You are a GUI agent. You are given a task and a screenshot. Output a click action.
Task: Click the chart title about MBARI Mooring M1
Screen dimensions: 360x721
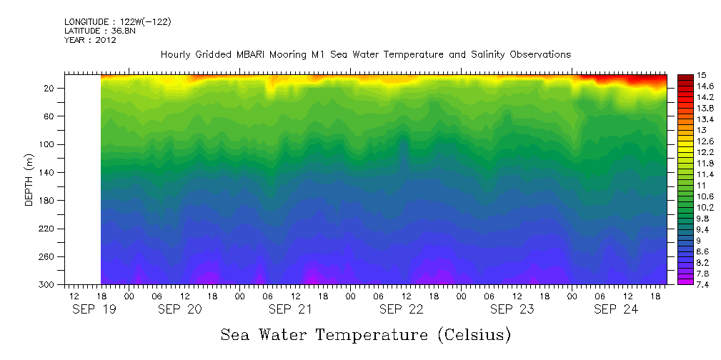[365, 55]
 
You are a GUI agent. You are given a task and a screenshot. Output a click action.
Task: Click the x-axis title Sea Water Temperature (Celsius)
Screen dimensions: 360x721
[365, 334]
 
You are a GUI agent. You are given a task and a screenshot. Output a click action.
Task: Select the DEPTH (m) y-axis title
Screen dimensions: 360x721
[29, 179]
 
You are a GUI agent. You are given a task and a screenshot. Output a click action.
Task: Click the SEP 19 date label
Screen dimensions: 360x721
[93, 309]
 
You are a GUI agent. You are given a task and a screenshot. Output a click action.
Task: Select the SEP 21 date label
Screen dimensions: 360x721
[290, 309]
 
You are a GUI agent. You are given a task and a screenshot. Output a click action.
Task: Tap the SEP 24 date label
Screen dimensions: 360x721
[615, 309]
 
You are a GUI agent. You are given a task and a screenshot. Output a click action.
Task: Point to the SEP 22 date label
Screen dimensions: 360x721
[402, 309]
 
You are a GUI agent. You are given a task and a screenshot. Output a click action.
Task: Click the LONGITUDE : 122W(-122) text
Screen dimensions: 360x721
[117, 22]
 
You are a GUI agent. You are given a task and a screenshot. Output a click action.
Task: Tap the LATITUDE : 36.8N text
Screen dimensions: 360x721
[101, 31]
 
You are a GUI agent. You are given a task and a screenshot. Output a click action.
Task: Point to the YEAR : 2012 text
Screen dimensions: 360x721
[90, 40]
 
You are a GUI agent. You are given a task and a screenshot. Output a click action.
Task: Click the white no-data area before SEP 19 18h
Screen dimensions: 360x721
[82, 179]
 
